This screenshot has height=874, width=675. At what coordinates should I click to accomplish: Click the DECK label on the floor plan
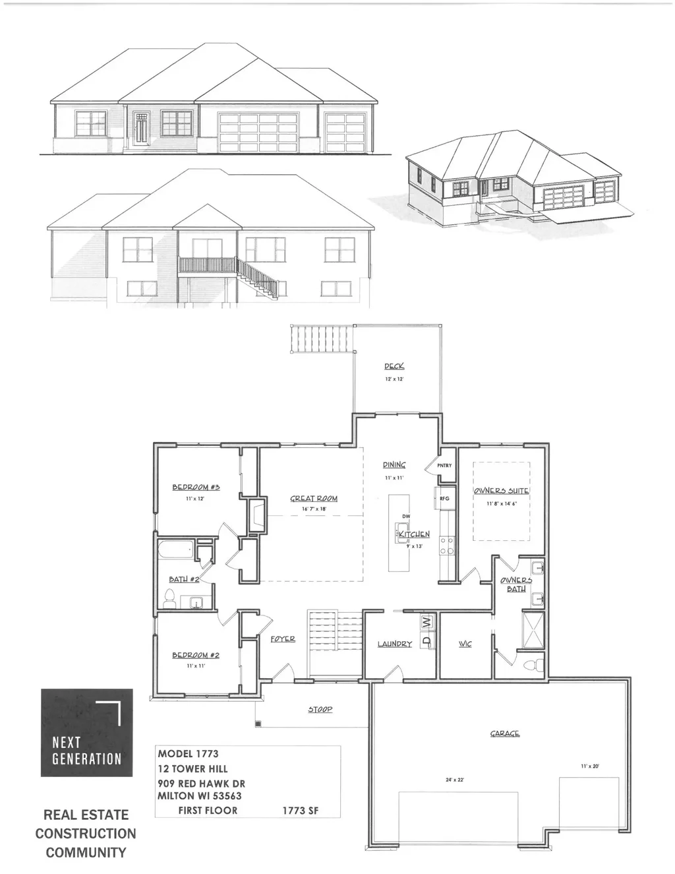[394, 366]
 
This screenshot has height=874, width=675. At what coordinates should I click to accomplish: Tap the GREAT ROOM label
[314, 499]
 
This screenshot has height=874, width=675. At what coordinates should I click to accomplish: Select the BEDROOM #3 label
[196, 487]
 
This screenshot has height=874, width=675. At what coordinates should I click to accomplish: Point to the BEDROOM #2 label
[196, 655]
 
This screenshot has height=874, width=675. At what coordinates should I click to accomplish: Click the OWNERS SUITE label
[502, 491]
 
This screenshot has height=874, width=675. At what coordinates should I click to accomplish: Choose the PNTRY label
[445, 466]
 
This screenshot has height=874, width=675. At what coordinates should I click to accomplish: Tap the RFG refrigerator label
[444, 499]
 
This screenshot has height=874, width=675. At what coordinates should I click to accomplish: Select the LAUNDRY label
[395, 644]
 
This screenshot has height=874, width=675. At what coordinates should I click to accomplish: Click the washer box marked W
[426, 622]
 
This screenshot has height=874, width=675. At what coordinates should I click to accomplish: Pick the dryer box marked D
[426, 640]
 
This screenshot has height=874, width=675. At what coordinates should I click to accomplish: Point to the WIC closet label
[465, 644]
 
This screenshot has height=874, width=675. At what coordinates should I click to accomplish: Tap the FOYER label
[283, 639]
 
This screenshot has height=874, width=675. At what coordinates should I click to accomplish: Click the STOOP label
[320, 710]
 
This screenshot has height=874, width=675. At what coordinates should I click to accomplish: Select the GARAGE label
[504, 734]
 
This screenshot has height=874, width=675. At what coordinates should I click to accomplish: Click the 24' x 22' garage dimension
[455, 780]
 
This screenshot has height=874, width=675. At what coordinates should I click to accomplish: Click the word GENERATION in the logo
[87, 759]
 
